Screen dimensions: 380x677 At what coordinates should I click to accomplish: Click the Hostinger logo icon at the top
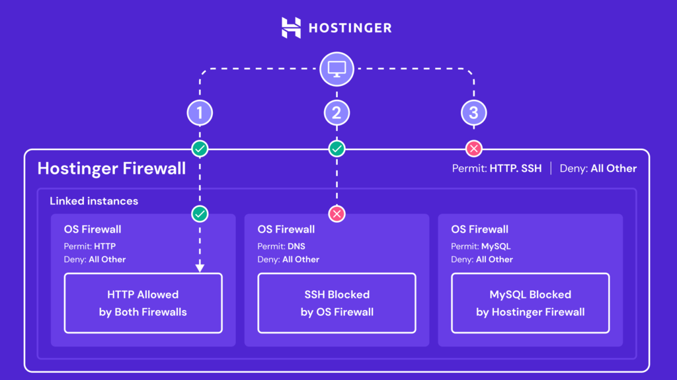point(291,28)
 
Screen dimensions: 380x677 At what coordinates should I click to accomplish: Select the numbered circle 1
point(200,113)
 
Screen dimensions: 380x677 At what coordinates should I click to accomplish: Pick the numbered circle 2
point(337,113)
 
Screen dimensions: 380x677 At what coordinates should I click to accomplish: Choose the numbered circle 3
point(473,113)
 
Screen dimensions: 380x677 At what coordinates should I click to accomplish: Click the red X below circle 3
point(473,148)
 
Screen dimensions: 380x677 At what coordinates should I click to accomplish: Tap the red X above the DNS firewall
point(337,213)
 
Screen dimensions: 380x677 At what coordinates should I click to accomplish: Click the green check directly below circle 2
point(337,148)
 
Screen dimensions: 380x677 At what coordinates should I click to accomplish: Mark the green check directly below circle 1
point(200,148)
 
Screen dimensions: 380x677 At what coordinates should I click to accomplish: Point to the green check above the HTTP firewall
point(200,213)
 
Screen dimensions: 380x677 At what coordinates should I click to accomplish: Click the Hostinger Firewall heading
point(111,169)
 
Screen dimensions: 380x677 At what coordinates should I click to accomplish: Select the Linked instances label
point(94,201)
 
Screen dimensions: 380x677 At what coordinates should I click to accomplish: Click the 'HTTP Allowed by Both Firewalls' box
point(143,303)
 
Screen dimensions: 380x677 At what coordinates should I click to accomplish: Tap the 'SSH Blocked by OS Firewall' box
point(337,303)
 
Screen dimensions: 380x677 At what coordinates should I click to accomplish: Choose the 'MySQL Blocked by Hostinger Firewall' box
point(530,303)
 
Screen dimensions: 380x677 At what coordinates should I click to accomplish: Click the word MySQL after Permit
point(496,247)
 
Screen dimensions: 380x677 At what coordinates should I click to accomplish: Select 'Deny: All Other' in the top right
point(598,169)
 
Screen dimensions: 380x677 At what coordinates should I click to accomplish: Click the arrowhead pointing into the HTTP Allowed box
point(200,268)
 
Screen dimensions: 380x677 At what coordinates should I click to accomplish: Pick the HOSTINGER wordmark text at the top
point(350,28)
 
